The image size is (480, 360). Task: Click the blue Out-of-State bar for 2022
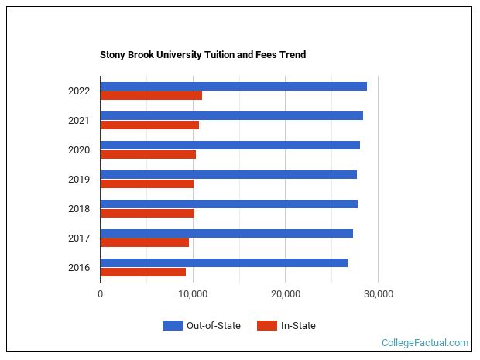click(x=233, y=86)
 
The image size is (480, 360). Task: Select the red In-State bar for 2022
click(x=151, y=95)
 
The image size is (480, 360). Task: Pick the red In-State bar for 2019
click(x=147, y=183)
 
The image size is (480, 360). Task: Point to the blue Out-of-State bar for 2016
click(x=224, y=262)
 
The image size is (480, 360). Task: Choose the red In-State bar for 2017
click(x=145, y=242)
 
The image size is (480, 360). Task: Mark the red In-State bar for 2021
click(x=149, y=125)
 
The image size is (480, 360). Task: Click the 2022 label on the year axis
click(x=79, y=91)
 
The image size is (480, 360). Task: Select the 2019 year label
click(x=79, y=180)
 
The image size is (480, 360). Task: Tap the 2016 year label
click(x=79, y=268)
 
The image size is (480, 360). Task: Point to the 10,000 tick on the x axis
click(x=193, y=294)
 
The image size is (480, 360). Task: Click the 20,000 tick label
click(x=286, y=294)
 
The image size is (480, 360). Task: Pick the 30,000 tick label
click(x=378, y=294)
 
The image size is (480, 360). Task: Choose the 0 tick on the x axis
click(x=101, y=294)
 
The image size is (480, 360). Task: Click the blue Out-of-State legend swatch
click(x=172, y=326)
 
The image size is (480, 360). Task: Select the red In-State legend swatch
click(x=266, y=326)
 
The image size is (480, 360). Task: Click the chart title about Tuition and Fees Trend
click(x=203, y=55)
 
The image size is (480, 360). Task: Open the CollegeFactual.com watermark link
click(x=425, y=342)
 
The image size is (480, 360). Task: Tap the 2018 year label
click(x=79, y=209)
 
